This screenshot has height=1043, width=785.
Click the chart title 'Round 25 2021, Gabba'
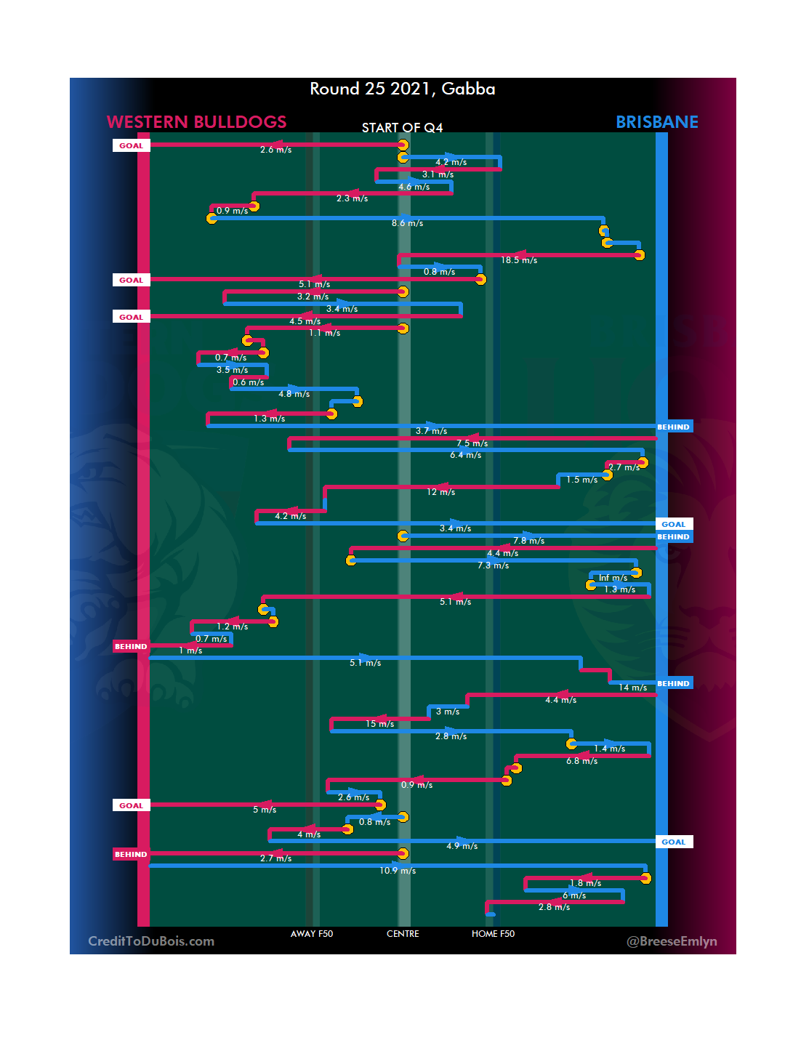pos(402,89)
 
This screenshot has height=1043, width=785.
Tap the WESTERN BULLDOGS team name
pos(196,122)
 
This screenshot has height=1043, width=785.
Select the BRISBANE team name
pos(656,122)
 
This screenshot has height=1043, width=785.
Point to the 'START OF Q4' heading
pos(402,128)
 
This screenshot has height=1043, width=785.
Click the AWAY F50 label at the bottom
pos(312,934)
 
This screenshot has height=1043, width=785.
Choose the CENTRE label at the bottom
pos(403,934)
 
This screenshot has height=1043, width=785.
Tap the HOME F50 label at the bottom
pos(493,934)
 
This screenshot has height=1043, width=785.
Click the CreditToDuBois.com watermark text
pos(151,941)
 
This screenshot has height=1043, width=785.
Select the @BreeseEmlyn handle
pos(672,941)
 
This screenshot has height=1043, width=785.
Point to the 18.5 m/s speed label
pos(519,260)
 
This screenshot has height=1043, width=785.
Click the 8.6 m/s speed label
pos(407,223)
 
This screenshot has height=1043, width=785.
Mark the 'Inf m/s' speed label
pos(613,578)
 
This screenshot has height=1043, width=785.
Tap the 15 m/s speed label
pos(379,724)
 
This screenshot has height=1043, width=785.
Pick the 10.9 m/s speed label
pos(398,871)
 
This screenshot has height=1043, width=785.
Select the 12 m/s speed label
pos(440,492)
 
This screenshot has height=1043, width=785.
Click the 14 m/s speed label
pos(632,688)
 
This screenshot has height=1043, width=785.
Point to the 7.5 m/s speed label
pos(472,443)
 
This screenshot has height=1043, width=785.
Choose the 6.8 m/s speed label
pos(581,761)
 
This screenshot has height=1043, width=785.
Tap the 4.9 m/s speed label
pos(462,846)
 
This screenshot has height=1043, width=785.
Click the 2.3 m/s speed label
pos(352,198)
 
